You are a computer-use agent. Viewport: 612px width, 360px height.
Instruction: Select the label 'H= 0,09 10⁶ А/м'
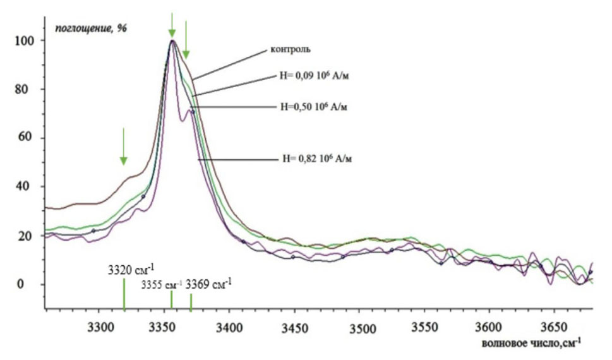(x=314, y=76)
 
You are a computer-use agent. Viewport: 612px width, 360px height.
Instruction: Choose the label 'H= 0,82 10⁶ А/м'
(x=317, y=159)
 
